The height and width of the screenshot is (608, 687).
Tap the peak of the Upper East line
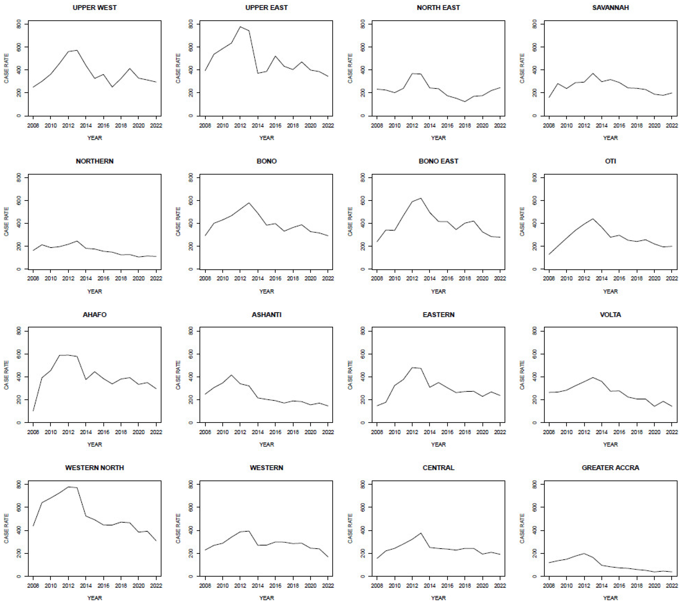(x=240, y=27)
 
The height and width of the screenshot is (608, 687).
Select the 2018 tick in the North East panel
(x=465, y=125)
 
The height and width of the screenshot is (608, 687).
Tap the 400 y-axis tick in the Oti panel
(x=534, y=223)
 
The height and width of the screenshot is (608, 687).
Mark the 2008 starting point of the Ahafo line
(x=33, y=410)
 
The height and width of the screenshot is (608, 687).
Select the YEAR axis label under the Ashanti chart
(x=267, y=444)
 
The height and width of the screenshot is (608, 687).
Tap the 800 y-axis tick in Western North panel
(x=19, y=485)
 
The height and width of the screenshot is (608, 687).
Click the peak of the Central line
(x=421, y=533)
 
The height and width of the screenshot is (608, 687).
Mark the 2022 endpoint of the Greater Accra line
(x=672, y=572)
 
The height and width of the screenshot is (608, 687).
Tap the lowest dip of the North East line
(x=465, y=101)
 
